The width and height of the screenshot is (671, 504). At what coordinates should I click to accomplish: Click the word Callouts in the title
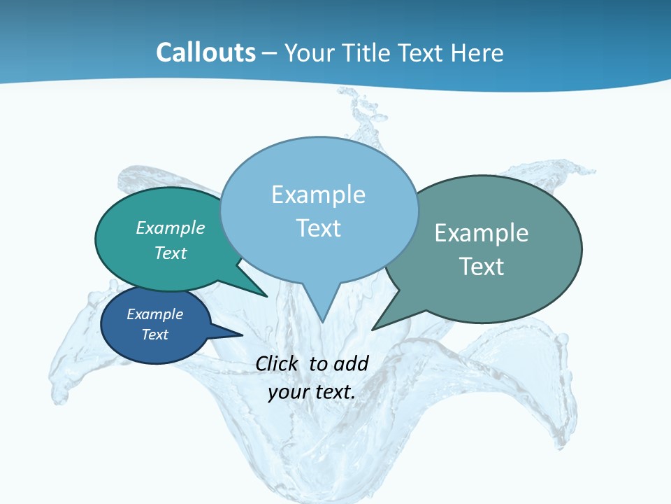click(x=205, y=52)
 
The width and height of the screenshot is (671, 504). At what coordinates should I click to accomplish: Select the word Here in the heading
click(x=477, y=52)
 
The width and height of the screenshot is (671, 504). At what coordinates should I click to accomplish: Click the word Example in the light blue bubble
click(x=318, y=195)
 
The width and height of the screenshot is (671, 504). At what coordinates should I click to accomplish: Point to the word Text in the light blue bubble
click(x=318, y=228)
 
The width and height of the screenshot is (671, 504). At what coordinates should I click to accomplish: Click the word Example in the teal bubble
click(x=171, y=227)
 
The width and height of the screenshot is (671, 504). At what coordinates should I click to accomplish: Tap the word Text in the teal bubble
click(x=171, y=253)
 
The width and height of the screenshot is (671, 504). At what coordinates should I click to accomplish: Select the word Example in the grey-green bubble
click(x=482, y=233)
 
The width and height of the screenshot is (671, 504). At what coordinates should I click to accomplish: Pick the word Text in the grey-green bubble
click(x=482, y=267)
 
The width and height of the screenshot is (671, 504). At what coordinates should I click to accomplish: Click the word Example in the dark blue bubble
click(x=155, y=314)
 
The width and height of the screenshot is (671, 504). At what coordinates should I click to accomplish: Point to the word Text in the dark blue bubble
click(x=155, y=335)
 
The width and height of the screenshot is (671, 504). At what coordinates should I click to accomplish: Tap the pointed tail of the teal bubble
click(x=259, y=291)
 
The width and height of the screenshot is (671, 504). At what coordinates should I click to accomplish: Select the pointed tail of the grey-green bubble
click(x=381, y=323)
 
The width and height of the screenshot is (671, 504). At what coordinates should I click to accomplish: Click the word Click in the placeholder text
click(x=278, y=363)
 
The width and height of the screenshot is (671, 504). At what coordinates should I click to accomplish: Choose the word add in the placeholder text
click(x=352, y=363)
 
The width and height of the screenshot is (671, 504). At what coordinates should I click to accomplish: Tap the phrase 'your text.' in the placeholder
click(x=312, y=392)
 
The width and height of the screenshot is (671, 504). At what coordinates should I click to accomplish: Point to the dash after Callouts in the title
click(x=270, y=53)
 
